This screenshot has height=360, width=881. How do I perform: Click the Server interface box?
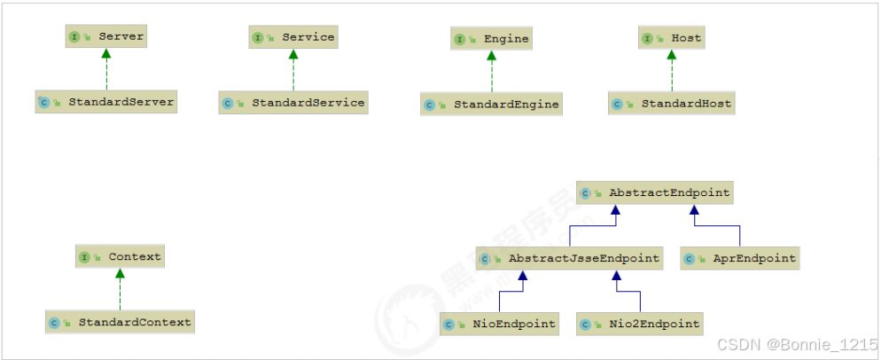[105, 36]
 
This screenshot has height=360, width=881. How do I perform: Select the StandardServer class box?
[106, 102]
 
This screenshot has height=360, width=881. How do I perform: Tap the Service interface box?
[293, 36]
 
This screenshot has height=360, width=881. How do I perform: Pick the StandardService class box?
[293, 103]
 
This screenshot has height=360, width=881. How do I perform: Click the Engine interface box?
[491, 38]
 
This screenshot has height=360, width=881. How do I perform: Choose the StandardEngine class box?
[492, 104]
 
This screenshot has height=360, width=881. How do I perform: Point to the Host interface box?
[672, 38]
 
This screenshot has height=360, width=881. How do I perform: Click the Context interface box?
[120, 257]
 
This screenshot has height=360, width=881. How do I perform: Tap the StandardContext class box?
[120, 322]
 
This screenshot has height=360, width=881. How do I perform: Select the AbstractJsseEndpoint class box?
[570, 259]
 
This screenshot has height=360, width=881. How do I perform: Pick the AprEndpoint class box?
[739, 259]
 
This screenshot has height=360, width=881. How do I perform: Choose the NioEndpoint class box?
[500, 324]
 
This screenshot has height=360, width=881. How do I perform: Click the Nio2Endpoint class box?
[640, 324]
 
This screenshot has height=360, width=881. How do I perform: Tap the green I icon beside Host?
[648, 39]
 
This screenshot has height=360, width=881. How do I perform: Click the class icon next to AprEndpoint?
[690, 260]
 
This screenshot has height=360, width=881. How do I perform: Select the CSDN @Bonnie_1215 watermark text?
[796, 345]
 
